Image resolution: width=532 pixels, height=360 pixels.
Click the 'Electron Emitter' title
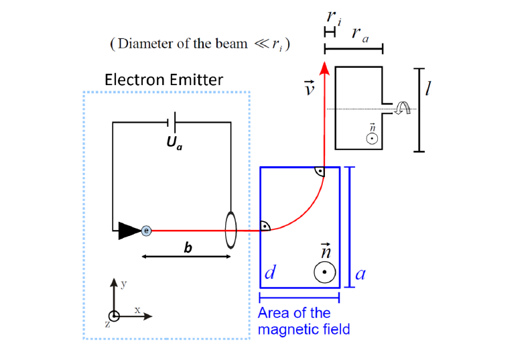click(x=163, y=80)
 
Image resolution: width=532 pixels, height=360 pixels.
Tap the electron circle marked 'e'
click(x=147, y=231)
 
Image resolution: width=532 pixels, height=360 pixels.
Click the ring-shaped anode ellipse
click(x=230, y=231)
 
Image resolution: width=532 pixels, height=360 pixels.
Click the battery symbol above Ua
click(x=172, y=122)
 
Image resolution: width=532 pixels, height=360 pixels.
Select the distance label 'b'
click(x=188, y=247)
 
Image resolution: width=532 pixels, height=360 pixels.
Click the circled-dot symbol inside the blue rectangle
click(x=324, y=272)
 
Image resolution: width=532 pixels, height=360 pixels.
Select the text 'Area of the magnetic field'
click(x=304, y=321)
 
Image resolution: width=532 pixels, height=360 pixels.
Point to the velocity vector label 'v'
click(x=309, y=87)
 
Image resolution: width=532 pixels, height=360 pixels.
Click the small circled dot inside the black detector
click(x=371, y=139)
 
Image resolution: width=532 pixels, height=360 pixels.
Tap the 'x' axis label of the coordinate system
click(x=137, y=310)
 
